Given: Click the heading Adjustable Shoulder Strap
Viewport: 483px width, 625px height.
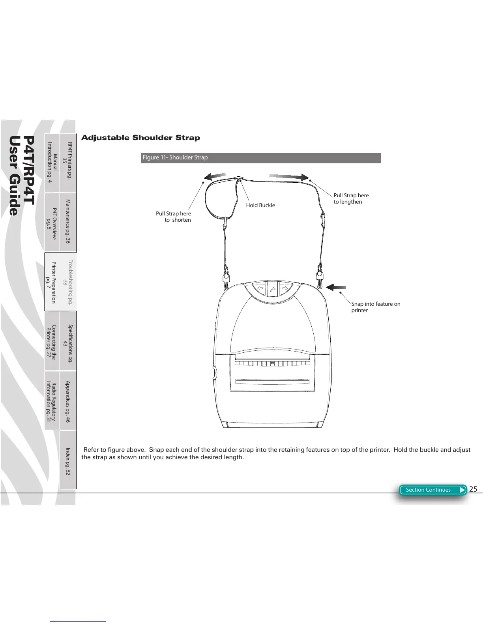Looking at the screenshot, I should tap(140, 138).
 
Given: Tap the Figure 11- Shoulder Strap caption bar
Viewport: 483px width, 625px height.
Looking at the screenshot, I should tap(261, 158).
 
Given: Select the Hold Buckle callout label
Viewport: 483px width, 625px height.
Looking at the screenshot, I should tap(260, 205).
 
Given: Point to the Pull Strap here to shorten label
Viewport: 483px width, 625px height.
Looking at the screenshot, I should tap(174, 217).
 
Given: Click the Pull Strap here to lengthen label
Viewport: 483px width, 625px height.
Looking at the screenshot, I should tap(351, 198).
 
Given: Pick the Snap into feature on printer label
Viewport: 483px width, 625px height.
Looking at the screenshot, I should tap(375, 307).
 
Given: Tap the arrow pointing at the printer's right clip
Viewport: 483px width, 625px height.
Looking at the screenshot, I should tap(336, 287).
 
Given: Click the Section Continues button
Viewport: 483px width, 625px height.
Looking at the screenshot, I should tap(432, 490).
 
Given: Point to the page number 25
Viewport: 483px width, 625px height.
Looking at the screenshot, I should tap(473, 489).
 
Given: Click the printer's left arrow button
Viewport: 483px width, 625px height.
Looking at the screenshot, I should tap(260, 288).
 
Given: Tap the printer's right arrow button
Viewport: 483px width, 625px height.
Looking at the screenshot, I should tap(285, 288).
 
